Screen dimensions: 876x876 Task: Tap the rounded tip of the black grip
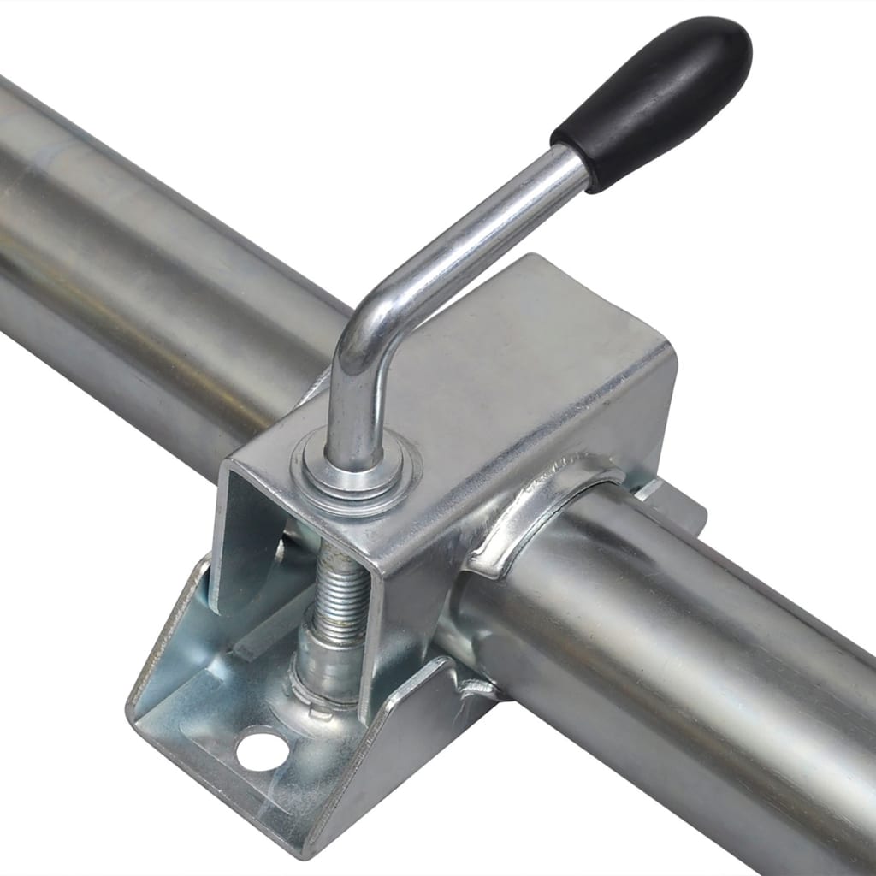[727, 43]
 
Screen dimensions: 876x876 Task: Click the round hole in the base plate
[261, 748]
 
